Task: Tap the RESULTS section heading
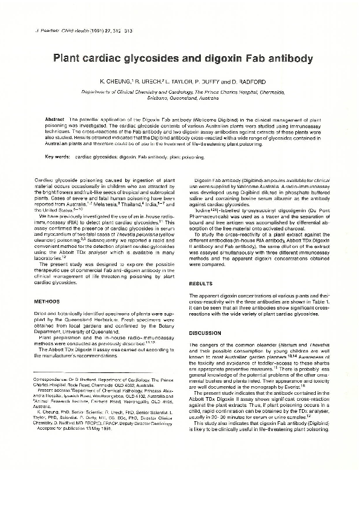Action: (x=201, y=283)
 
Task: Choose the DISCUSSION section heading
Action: (x=206, y=333)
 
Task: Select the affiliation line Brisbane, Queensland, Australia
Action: (x=182, y=97)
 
